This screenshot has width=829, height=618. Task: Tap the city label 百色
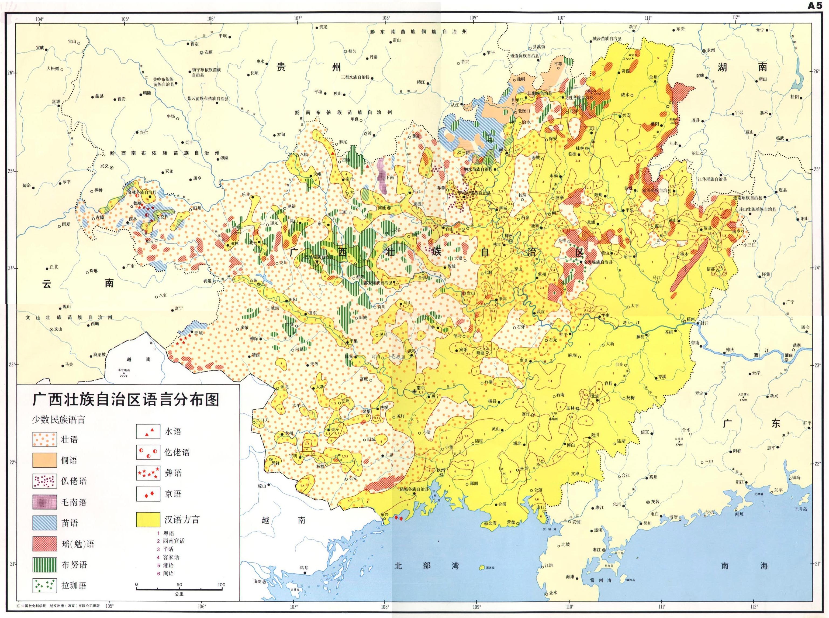[253, 280]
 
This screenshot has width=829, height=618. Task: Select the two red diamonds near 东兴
[399, 519]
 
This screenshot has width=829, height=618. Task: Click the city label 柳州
[507, 236]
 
